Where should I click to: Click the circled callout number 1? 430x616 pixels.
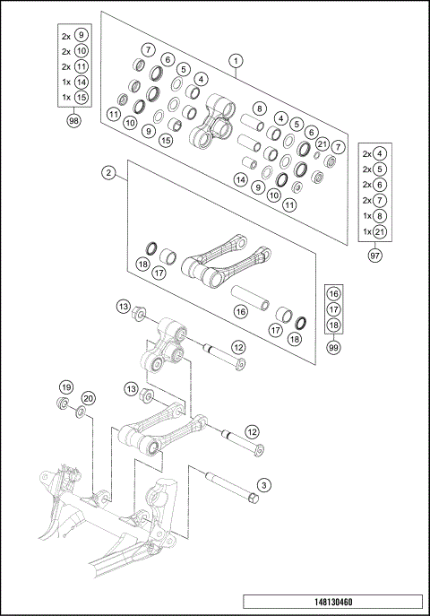coord(236,62)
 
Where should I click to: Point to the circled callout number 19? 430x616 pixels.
coord(65,386)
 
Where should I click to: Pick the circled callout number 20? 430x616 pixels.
coord(88,398)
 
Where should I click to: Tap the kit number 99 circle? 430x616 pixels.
coord(333,346)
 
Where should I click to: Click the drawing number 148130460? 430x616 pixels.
coord(332,602)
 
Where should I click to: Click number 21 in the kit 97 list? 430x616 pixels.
coord(381,232)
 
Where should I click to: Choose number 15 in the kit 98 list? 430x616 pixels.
coord(81,97)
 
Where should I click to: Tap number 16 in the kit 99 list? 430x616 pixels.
coord(333,293)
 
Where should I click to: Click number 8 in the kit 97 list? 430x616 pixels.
coord(381,216)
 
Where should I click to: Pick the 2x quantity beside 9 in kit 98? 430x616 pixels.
coord(65,36)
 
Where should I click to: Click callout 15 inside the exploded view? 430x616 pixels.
coord(166,140)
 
